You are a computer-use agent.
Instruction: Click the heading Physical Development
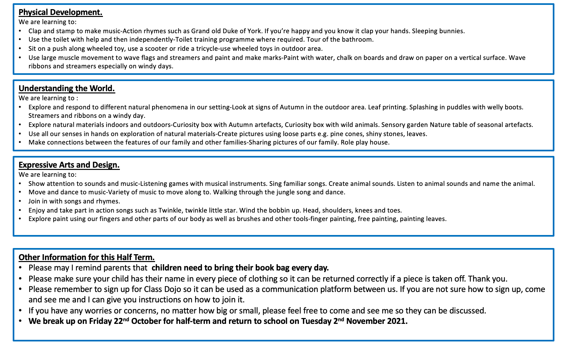[x=61, y=12]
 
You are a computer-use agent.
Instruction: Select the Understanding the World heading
[x=67, y=89]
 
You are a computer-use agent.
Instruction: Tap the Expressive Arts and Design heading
[x=69, y=165]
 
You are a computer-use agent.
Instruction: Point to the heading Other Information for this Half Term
[x=87, y=257]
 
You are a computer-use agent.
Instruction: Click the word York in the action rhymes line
[x=254, y=31]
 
